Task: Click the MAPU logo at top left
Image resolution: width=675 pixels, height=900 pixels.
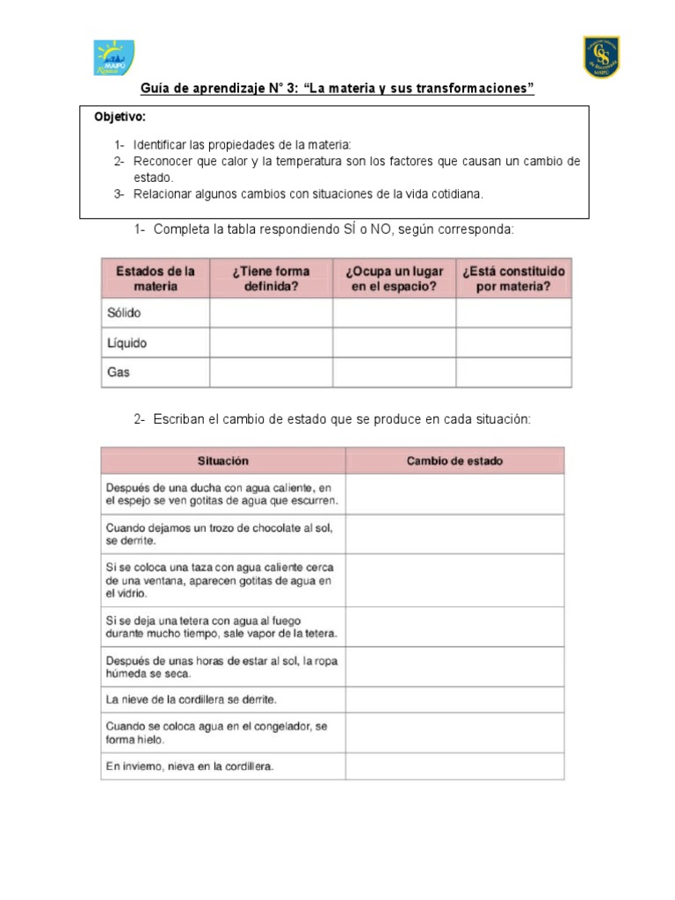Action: click(114, 58)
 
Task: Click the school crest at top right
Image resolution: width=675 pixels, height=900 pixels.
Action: click(601, 57)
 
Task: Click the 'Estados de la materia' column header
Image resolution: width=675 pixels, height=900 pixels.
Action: click(156, 278)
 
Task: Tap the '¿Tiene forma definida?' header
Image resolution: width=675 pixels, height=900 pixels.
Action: click(271, 278)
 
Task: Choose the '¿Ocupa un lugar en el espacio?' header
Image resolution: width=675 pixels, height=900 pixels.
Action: click(394, 278)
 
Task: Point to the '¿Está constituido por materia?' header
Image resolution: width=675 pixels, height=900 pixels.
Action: click(513, 278)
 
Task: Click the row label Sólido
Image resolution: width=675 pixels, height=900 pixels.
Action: click(125, 313)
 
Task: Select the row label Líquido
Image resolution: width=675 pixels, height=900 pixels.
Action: click(127, 343)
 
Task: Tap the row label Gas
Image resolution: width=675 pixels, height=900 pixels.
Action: click(119, 373)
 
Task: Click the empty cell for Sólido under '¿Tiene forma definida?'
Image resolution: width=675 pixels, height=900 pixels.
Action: click(271, 313)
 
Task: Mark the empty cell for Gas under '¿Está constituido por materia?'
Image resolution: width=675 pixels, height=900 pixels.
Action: click(513, 373)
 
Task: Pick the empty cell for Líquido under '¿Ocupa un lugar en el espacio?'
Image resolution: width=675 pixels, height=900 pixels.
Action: click(394, 343)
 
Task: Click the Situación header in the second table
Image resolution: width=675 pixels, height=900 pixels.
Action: click(223, 461)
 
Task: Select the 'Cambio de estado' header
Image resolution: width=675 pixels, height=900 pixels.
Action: click(454, 461)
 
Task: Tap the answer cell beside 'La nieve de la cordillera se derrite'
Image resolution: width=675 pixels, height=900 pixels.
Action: click(454, 699)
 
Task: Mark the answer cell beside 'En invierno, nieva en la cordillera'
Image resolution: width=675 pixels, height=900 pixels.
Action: click(454, 766)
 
